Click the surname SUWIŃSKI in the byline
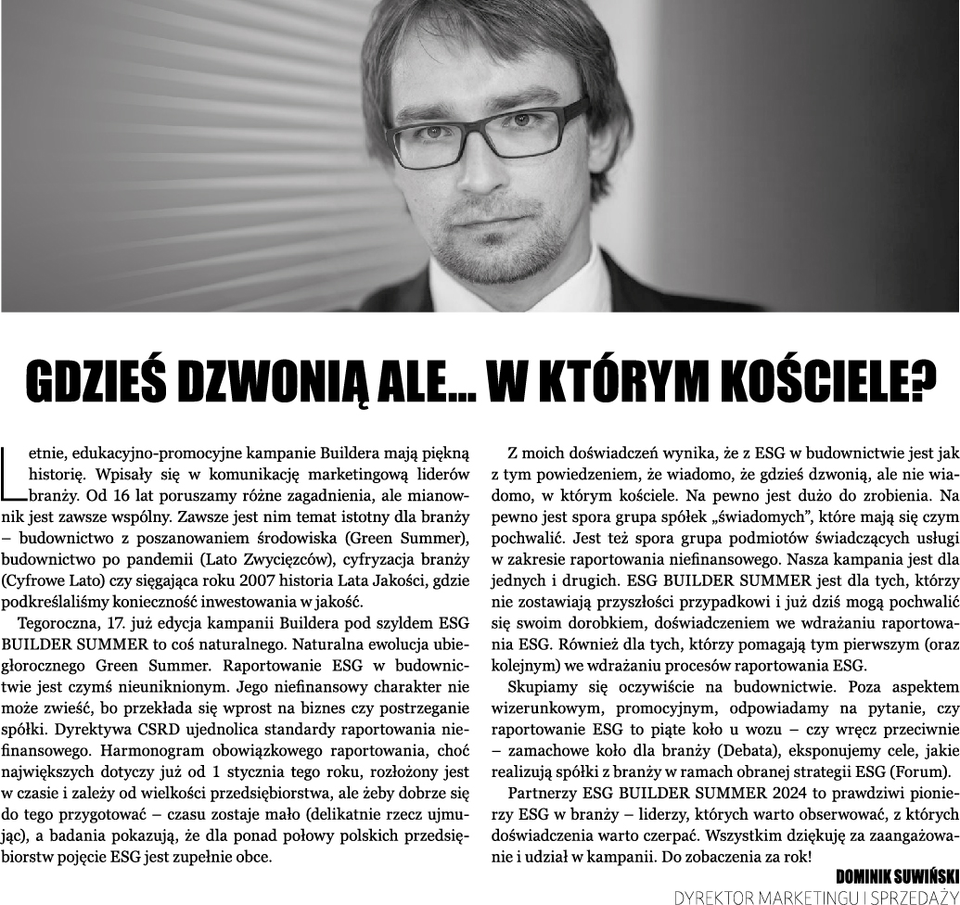(x=917, y=875)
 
